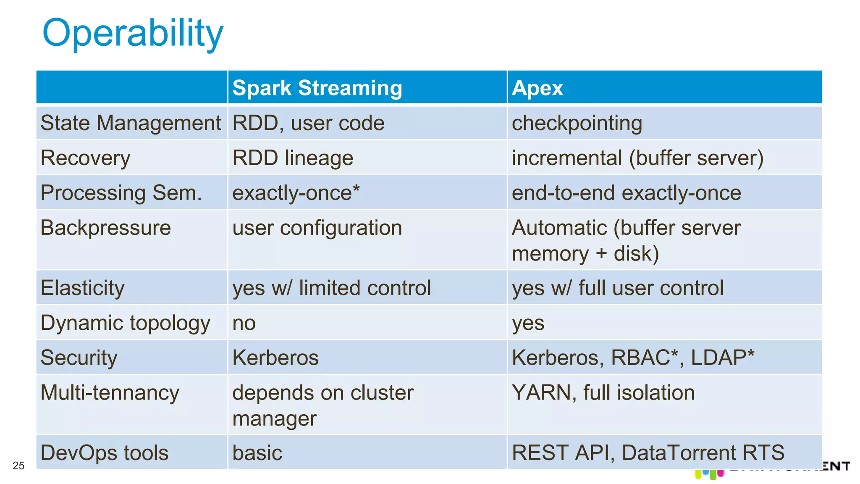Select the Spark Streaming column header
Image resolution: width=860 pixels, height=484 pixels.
[317, 88]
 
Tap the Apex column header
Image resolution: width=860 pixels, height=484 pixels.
[537, 88]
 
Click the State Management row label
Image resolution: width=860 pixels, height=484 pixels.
[131, 123]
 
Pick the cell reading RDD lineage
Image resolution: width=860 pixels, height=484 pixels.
[293, 158]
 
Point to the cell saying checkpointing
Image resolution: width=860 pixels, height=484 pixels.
[577, 123]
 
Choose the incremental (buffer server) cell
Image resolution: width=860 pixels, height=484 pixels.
[637, 158]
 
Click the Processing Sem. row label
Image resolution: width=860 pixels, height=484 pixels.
[121, 193]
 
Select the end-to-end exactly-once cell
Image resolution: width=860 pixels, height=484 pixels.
[626, 193]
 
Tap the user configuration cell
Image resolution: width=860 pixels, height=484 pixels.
[317, 228]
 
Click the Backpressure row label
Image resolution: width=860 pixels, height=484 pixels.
[106, 228]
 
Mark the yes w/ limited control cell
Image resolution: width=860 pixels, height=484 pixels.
[331, 288]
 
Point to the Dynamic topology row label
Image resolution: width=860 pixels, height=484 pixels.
[125, 323]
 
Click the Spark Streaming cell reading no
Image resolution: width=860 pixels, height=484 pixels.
[244, 323]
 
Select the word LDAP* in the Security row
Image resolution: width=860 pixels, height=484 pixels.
[722, 358]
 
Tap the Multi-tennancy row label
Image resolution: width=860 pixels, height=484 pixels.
[110, 393]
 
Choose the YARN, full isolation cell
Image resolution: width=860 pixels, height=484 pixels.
[603, 393]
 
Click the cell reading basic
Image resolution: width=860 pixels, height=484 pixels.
[257, 453]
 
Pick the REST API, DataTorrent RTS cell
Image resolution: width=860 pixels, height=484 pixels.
[648, 453]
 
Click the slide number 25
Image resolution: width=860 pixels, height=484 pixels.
[18, 466]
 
